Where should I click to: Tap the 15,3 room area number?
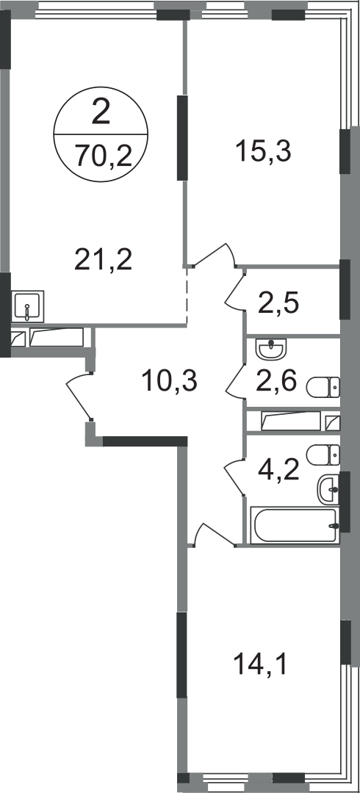coord(263,151)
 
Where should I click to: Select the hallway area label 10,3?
coord(169,380)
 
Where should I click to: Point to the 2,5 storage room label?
coord(278,304)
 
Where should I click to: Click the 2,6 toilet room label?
coord(276,381)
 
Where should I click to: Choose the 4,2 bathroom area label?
coord(278,470)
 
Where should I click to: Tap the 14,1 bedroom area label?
coord(260,665)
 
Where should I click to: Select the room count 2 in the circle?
coord(101,112)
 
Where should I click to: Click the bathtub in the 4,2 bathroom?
coord(295,526)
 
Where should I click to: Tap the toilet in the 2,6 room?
coord(323,388)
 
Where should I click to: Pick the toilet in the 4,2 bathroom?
coord(323,455)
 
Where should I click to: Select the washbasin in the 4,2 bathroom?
coord(328,490)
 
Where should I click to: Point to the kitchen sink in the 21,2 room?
coord(27,306)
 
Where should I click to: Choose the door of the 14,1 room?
coord(215,534)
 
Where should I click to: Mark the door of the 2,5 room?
coord(234,289)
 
